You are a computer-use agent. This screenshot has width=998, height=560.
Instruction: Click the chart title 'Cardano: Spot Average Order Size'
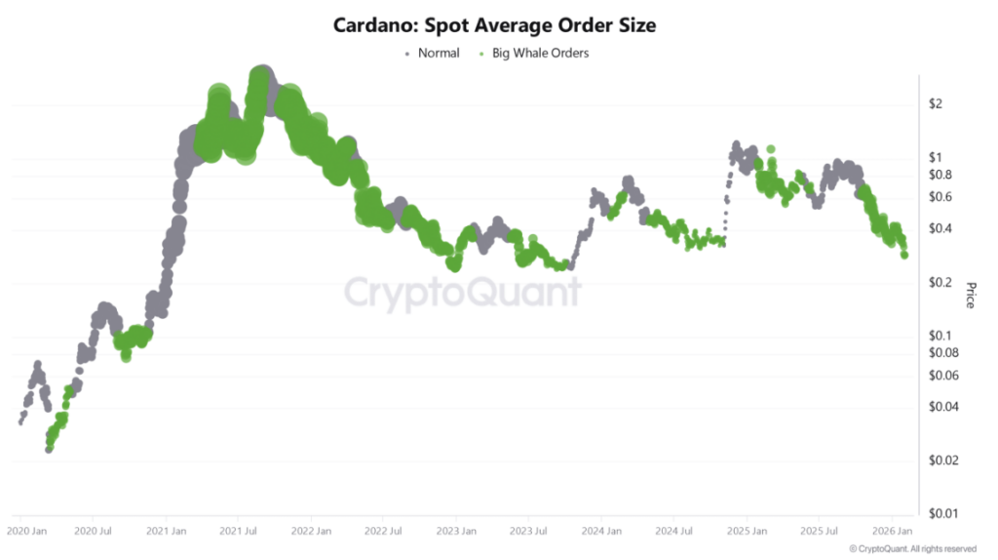(x=494, y=25)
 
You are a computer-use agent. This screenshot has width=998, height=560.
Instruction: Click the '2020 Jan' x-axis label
(x=26, y=533)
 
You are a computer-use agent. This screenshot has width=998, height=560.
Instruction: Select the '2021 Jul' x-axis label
(x=239, y=533)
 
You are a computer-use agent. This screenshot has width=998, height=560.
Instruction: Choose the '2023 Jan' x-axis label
(x=456, y=533)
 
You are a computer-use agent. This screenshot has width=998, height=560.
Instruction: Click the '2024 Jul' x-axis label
(x=673, y=533)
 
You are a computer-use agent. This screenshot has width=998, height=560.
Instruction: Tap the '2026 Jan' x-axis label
(x=892, y=533)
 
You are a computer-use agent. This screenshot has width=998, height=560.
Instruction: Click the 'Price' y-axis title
(x=970, y=295)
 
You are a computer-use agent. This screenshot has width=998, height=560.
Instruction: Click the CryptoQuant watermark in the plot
(x=463, y=292)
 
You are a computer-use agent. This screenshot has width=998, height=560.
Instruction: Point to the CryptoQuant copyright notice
(x=912, y=549)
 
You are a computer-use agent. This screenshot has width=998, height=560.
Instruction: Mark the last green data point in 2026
(x=905, y=255)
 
